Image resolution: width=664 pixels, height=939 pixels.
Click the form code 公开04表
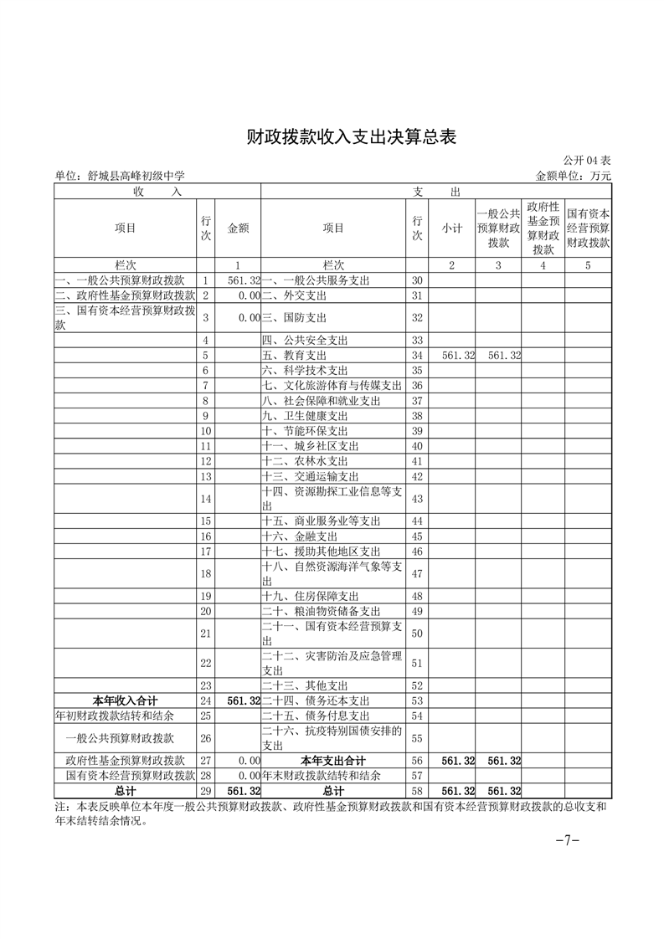coord(587,160)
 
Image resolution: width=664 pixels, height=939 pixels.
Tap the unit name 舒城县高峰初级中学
coord(119,176)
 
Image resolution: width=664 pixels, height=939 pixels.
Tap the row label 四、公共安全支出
coord(306,341)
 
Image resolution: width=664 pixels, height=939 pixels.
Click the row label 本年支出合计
coord(332,761)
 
